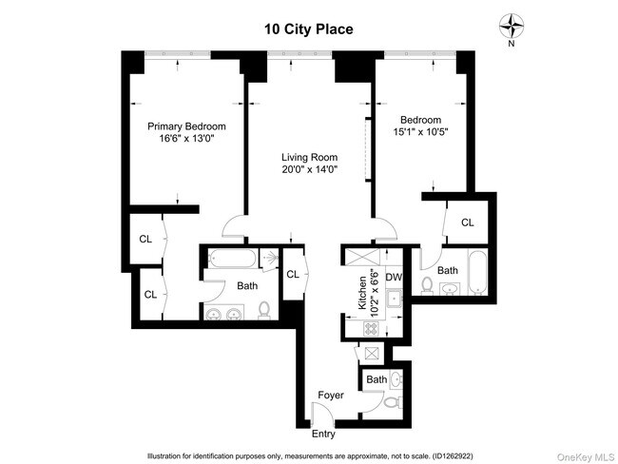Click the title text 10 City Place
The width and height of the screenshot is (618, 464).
(309, 29)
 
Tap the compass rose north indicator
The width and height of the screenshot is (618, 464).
(512, 26)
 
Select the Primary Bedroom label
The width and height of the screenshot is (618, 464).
(186, 126)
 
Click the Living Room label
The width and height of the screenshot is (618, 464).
(309, 157)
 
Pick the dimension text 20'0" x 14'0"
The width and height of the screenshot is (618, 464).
(309, 170)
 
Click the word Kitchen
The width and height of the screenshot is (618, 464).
(362, 291)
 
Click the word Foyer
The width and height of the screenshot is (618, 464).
(330, 395)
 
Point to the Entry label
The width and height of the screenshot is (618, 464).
(323, 435)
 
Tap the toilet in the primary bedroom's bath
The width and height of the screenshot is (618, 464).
(264, 311)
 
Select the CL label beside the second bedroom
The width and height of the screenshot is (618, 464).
(467, 222)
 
